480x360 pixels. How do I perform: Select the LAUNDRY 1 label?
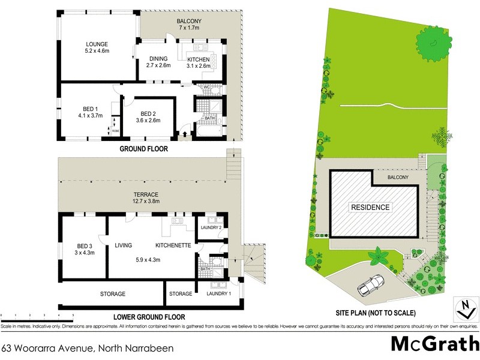218,293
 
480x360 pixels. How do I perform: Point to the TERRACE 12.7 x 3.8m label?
146,198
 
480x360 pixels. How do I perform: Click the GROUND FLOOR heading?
143,149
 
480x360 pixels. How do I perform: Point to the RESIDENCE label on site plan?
370,208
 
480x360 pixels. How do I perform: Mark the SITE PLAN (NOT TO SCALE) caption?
376,313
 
